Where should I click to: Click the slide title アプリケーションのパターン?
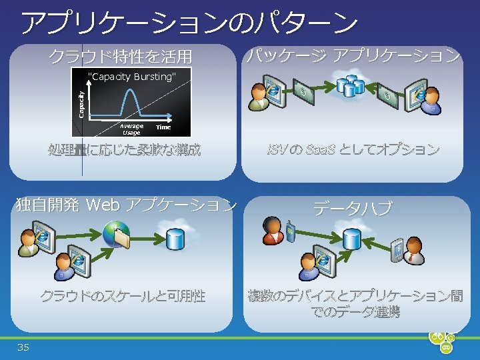point(189,23)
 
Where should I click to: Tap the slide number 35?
point(23,347)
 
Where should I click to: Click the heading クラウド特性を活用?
point(119,57)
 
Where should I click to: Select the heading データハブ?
point(353,209)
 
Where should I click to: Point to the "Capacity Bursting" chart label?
point(133,77)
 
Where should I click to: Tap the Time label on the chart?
point(163,127)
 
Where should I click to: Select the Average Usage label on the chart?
point(131,129)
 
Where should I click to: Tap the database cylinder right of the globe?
point(175,237)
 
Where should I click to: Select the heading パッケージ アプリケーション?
point(353,56)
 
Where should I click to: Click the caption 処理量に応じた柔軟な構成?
point(124,149)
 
